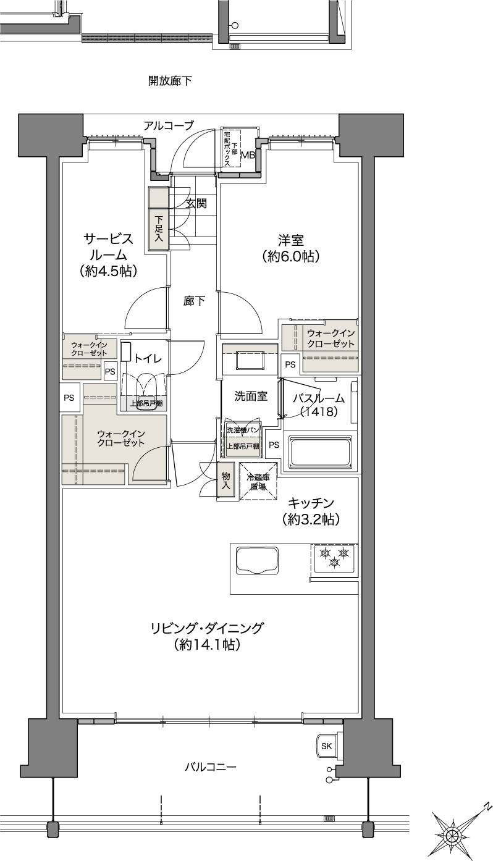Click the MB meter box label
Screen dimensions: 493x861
248,156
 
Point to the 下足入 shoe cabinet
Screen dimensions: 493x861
158,229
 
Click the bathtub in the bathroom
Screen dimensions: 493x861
321,452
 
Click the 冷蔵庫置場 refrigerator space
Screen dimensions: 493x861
258,482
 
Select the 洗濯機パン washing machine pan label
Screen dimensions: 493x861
242,430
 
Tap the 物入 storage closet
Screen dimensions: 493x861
225,481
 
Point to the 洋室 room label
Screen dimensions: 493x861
291,241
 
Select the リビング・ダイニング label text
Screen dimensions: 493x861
207,628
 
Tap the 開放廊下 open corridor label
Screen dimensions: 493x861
170,81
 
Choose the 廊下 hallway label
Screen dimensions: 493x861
194,301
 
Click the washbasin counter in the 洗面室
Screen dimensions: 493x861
250,359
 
